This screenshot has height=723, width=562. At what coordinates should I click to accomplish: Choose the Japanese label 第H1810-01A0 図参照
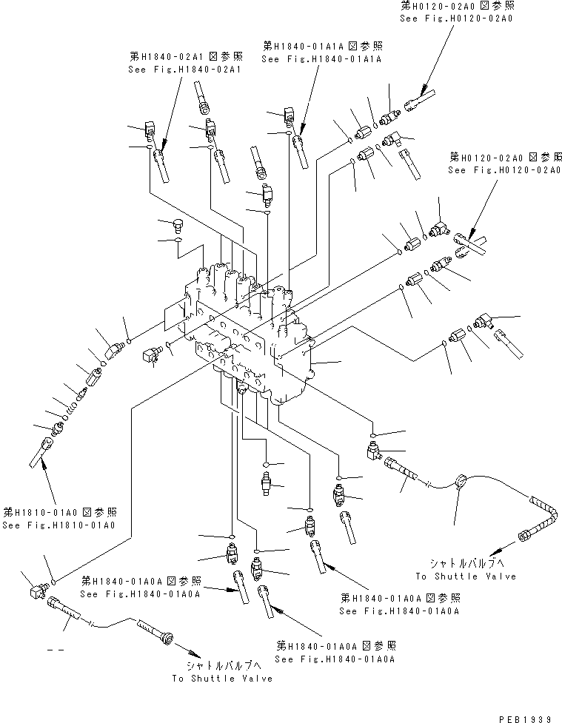click(58, 512)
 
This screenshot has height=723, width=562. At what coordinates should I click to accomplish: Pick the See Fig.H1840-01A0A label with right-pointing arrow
click(140, 593)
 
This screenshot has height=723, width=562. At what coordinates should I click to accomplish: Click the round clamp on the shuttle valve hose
click(461, 482)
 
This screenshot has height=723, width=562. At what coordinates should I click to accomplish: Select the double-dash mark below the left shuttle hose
click(54, 650)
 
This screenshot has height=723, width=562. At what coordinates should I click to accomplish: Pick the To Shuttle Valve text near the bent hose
click(465, 576)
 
